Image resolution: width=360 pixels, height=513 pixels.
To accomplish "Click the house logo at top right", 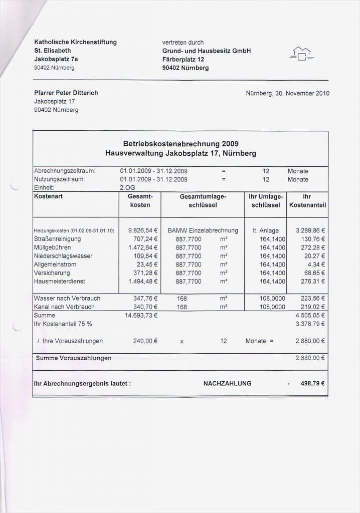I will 301,54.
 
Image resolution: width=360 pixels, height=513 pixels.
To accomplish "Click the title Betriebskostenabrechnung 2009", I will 181,144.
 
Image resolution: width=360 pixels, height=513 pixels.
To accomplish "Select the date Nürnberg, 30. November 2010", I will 288,93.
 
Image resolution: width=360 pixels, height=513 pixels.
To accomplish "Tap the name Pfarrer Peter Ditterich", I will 66,93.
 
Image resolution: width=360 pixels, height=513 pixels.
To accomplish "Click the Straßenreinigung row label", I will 57,239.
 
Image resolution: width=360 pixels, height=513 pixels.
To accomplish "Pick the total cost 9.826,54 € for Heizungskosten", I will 143,230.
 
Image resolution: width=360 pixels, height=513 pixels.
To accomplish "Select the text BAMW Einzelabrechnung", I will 203,230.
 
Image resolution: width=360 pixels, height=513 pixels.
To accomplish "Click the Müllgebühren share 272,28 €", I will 310,247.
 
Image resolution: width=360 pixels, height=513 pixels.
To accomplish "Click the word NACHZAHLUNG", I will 227,383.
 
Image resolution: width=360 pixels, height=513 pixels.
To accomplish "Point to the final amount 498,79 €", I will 312,383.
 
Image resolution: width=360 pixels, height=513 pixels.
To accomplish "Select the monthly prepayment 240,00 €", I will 146,341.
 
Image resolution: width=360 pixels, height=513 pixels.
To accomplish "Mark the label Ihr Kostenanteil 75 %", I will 63,324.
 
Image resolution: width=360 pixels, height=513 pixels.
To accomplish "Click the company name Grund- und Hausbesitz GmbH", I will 206,51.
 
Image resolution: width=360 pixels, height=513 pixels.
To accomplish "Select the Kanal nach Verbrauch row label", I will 64,307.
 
